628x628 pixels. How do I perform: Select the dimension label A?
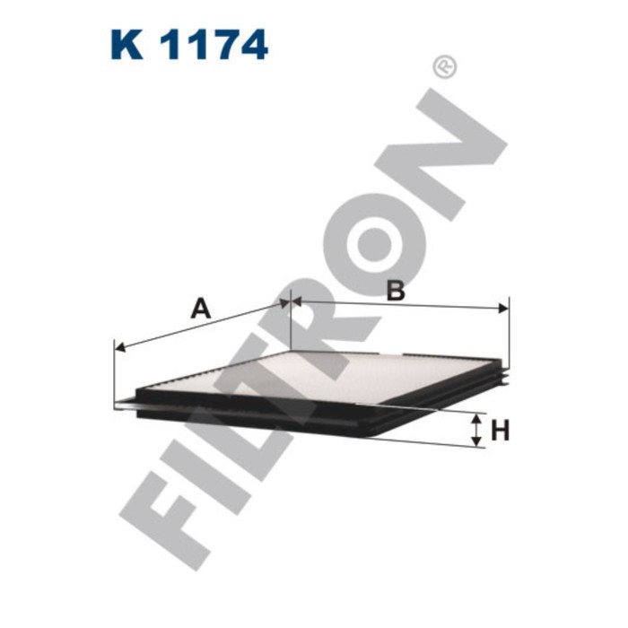coord(201,309)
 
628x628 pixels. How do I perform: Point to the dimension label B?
coord(395,290)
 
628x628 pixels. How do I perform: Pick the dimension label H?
coord(500,431)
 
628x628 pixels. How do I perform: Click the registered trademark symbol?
coord(444,66)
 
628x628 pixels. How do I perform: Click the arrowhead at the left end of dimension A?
coord(120,346)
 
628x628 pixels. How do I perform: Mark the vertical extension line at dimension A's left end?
coord(115,377)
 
